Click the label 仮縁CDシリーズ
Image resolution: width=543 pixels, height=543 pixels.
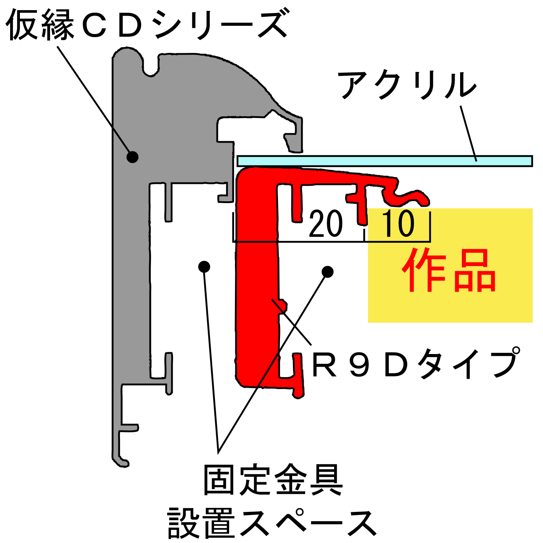(147, 25)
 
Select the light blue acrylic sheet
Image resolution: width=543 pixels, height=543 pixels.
(384, 161)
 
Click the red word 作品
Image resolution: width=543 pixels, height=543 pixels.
(449, 270)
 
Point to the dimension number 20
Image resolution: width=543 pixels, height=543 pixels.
(326, 224)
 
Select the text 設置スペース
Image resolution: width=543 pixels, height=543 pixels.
(272, 522)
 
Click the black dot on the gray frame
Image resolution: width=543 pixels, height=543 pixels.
(132, 157)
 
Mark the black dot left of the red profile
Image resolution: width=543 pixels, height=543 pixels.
(204, 267)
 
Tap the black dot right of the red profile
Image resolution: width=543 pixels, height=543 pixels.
(328, 272)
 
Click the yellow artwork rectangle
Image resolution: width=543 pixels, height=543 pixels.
(450, 265)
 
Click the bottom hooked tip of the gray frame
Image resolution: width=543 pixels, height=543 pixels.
(121, 462)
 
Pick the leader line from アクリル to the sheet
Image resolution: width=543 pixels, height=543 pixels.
(468, 133)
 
